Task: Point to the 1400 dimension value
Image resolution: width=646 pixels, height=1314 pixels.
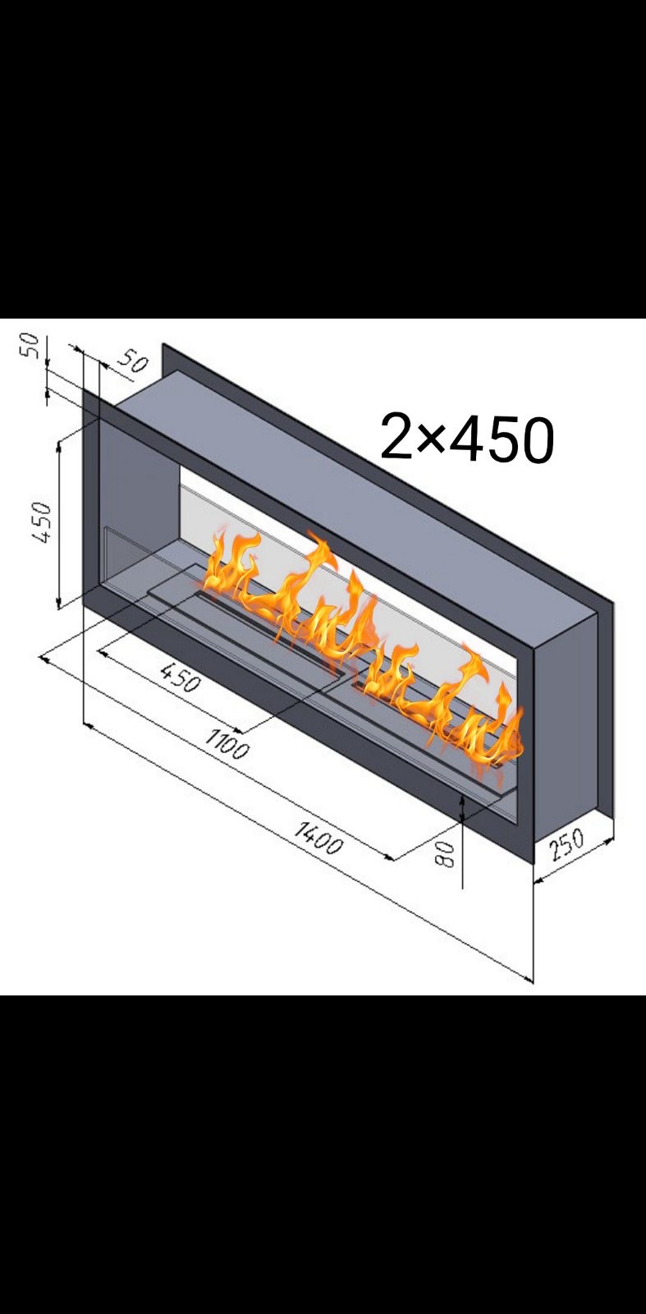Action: click(317, 838)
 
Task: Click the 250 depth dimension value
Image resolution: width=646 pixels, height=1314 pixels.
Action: click(567, 845)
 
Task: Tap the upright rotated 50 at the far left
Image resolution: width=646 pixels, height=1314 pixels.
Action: click(30, 346)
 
